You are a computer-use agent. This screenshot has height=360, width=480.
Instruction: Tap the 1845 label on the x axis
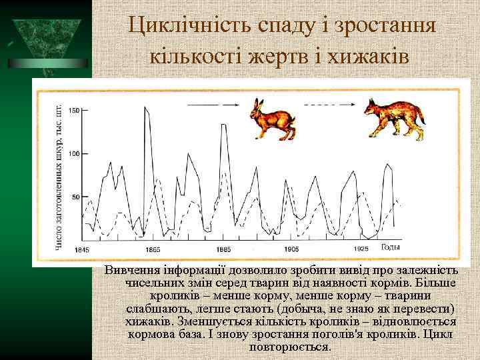(x=82, y=249)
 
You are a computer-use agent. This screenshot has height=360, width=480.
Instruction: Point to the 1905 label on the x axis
(x=291, y=249)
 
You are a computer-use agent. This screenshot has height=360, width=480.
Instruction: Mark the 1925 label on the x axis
(x=361, y=249)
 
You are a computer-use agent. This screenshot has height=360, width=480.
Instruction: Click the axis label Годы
(x=390, y=247)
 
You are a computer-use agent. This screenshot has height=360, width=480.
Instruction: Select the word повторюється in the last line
(x=289, y=347)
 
